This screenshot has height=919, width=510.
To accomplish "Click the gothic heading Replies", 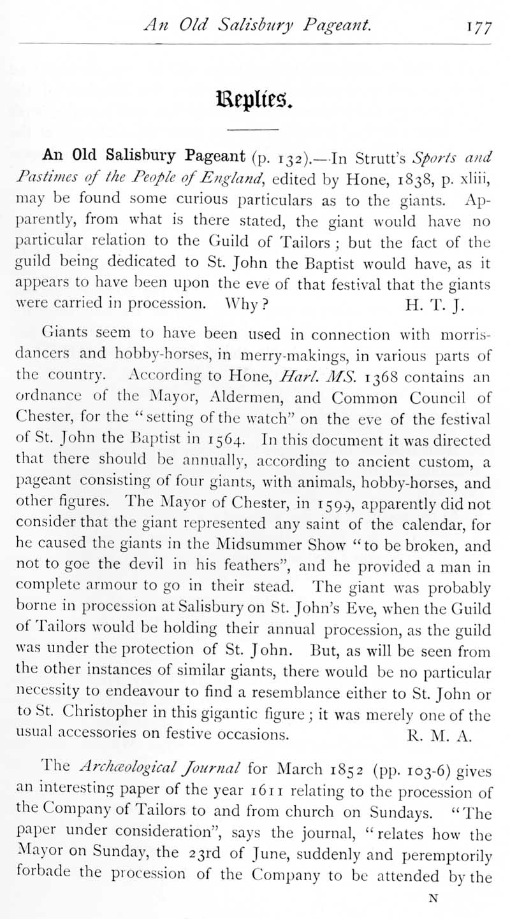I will pos(254,99).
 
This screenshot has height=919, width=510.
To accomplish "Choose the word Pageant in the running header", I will pos(340,26).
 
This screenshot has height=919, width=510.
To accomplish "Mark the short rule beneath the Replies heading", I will pos(254,130).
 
